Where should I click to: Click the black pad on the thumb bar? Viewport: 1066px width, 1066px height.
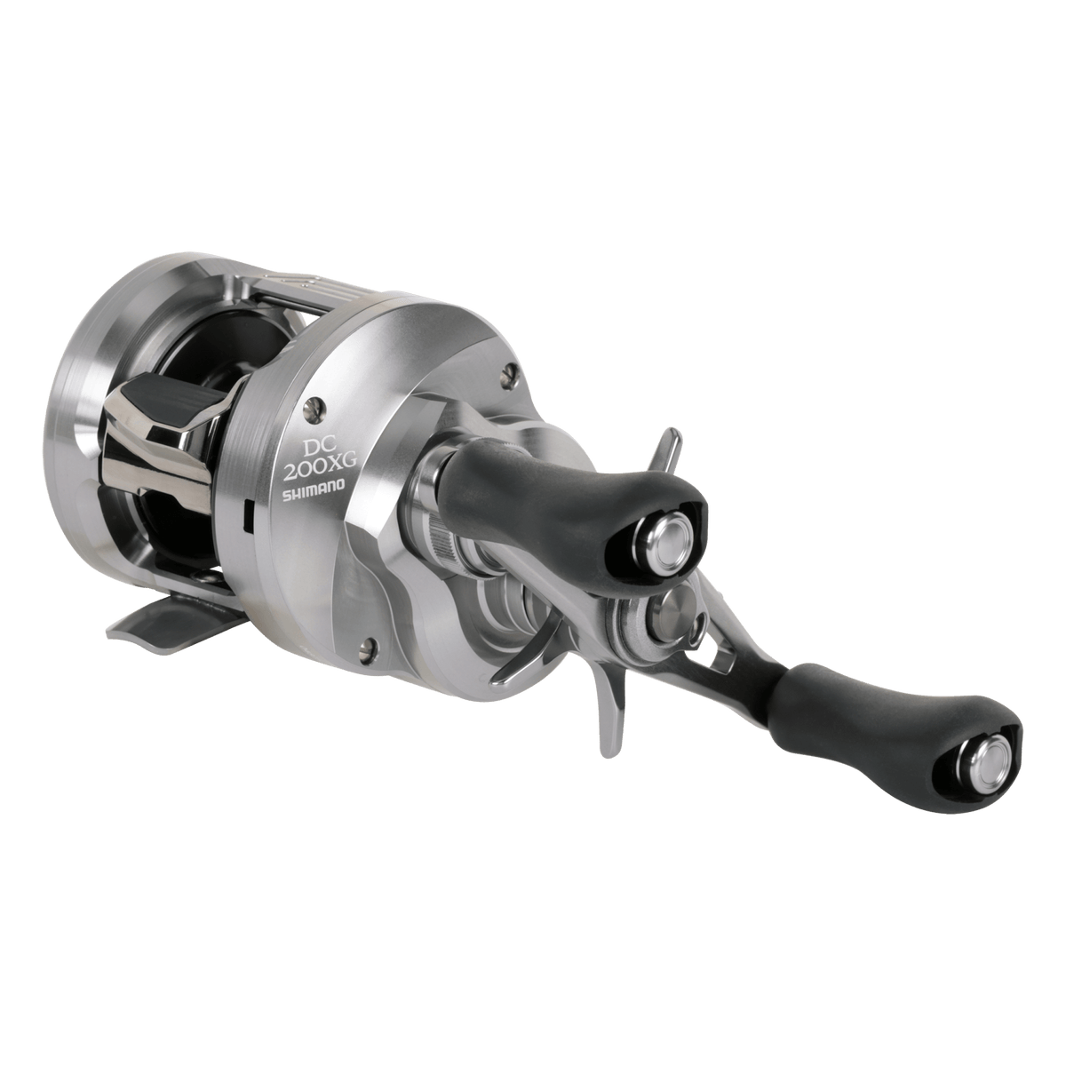tap(176, 394)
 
